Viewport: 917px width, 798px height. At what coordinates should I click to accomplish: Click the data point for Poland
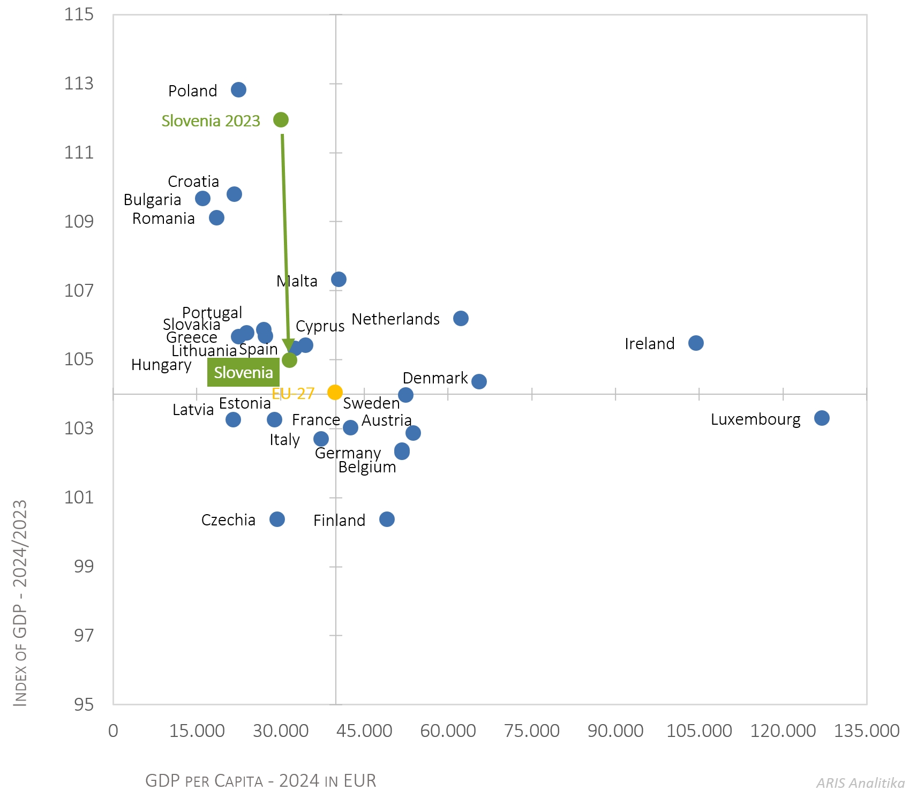click(x=238, y=89)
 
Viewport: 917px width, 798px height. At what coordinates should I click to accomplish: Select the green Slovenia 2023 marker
click(x=281, y=119)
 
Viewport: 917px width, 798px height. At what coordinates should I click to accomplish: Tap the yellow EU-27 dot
click(x=335, y=392)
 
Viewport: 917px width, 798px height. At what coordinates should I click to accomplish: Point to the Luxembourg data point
click(x=822, y=418)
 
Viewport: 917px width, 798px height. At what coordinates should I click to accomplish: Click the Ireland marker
click(x=696, y=343)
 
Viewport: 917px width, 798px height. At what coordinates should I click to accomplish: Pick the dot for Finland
click(x=387, y=519)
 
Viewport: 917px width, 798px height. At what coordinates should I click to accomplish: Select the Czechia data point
click(x=277, y=519)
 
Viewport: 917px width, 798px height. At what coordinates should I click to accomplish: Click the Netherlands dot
click(x=461, y=318)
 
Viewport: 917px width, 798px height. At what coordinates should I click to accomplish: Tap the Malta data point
click(x=339, y=279)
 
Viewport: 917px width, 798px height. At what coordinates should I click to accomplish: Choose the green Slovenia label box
click(x=243, y=372)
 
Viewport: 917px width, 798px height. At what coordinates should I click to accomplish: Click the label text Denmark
click(x=435, y=378)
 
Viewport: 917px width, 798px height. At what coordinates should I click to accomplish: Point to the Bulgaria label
click(x=152, y=200)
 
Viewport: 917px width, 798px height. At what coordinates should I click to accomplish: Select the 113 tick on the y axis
click(x=79, y=84)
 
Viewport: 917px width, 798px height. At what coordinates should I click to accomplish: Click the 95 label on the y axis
click(x=84, y=704)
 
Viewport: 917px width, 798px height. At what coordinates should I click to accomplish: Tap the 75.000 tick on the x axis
click(x=531, y=731)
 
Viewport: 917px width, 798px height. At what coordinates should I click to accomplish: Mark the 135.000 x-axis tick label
click(x=866, y=731)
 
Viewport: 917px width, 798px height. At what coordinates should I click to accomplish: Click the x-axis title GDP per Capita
click(x=260, y=781)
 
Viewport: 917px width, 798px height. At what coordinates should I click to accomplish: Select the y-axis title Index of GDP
click(x=20, y=603)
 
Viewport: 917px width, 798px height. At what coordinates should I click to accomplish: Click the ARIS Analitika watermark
click(x=860, y=783)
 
